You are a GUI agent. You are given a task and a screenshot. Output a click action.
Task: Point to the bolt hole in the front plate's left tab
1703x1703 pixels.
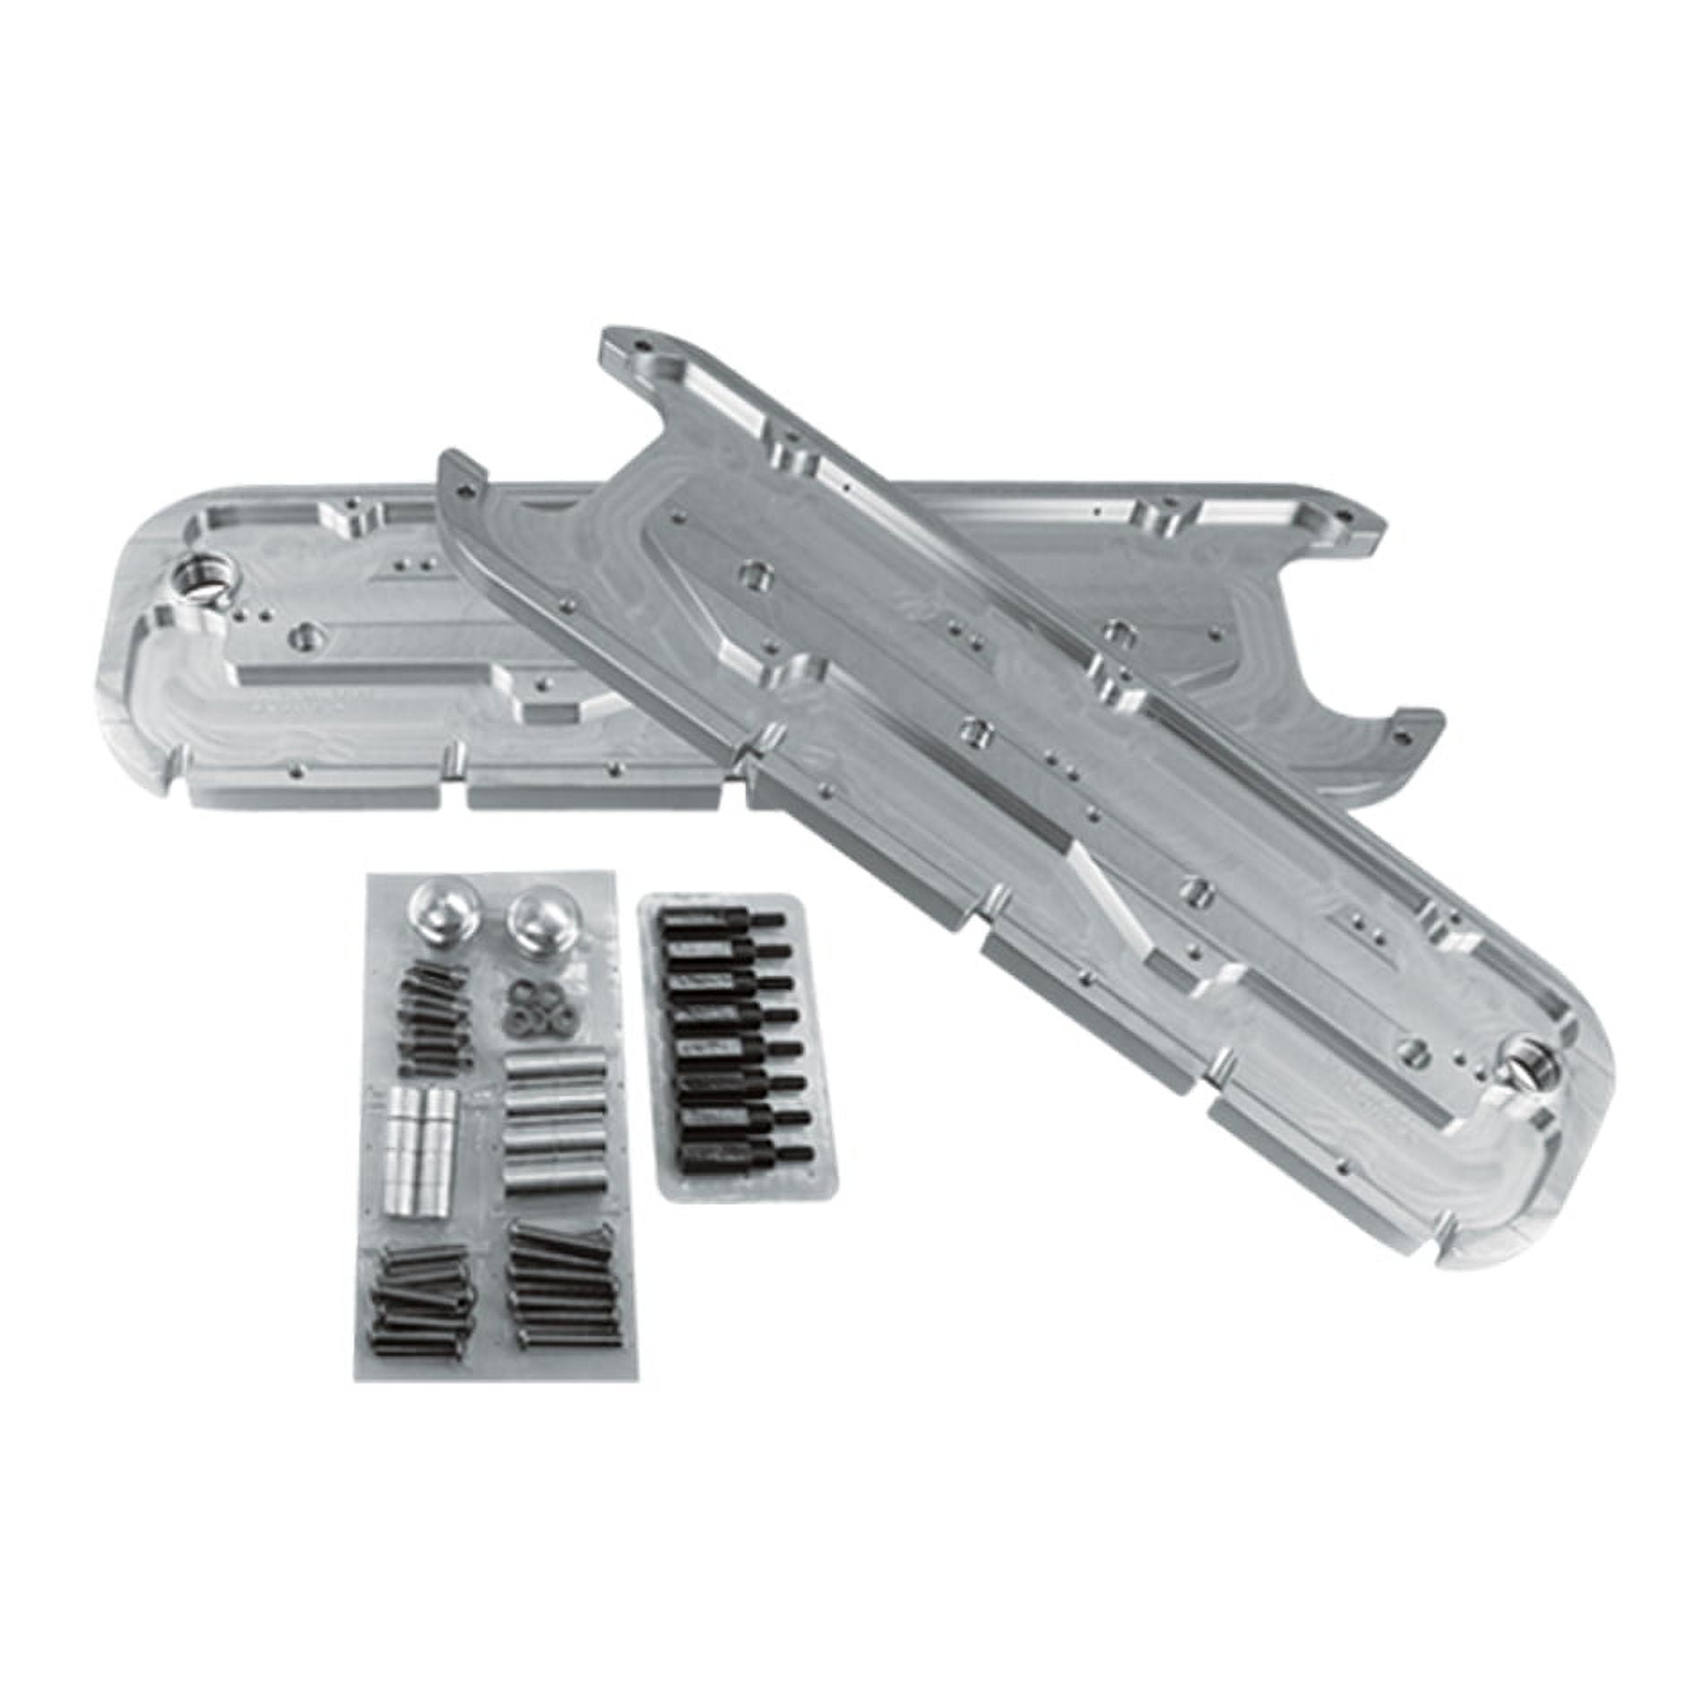click(x=463, y=492)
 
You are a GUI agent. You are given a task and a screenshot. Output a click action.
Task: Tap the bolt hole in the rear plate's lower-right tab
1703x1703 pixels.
click(x=1405, y=733)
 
